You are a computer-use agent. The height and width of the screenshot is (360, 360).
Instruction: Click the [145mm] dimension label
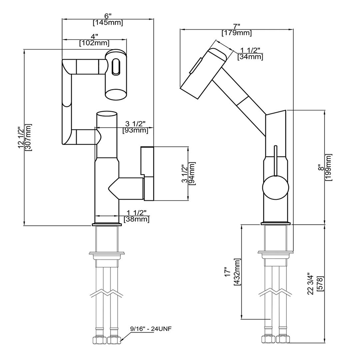pos(108,23)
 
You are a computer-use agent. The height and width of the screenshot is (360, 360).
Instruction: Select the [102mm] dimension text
pos(94,43)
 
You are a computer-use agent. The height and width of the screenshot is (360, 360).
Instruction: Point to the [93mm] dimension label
pos(135,130)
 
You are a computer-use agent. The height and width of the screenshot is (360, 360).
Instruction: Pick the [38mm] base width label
pos(136,219)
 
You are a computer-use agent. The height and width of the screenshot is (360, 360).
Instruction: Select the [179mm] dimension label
pos(236,33)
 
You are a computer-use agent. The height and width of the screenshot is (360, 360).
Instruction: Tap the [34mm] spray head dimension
pos(250,57)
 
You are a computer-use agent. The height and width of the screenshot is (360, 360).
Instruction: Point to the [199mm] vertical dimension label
pos(329,167)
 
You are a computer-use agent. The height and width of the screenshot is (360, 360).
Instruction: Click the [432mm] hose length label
pos(237,272)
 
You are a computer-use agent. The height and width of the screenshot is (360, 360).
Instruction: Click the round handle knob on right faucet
pos(275,187)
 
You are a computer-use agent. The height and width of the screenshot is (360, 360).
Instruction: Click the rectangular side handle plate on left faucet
pos(147,173)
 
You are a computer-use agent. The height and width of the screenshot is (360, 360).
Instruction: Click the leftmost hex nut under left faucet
pos(98,340)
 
